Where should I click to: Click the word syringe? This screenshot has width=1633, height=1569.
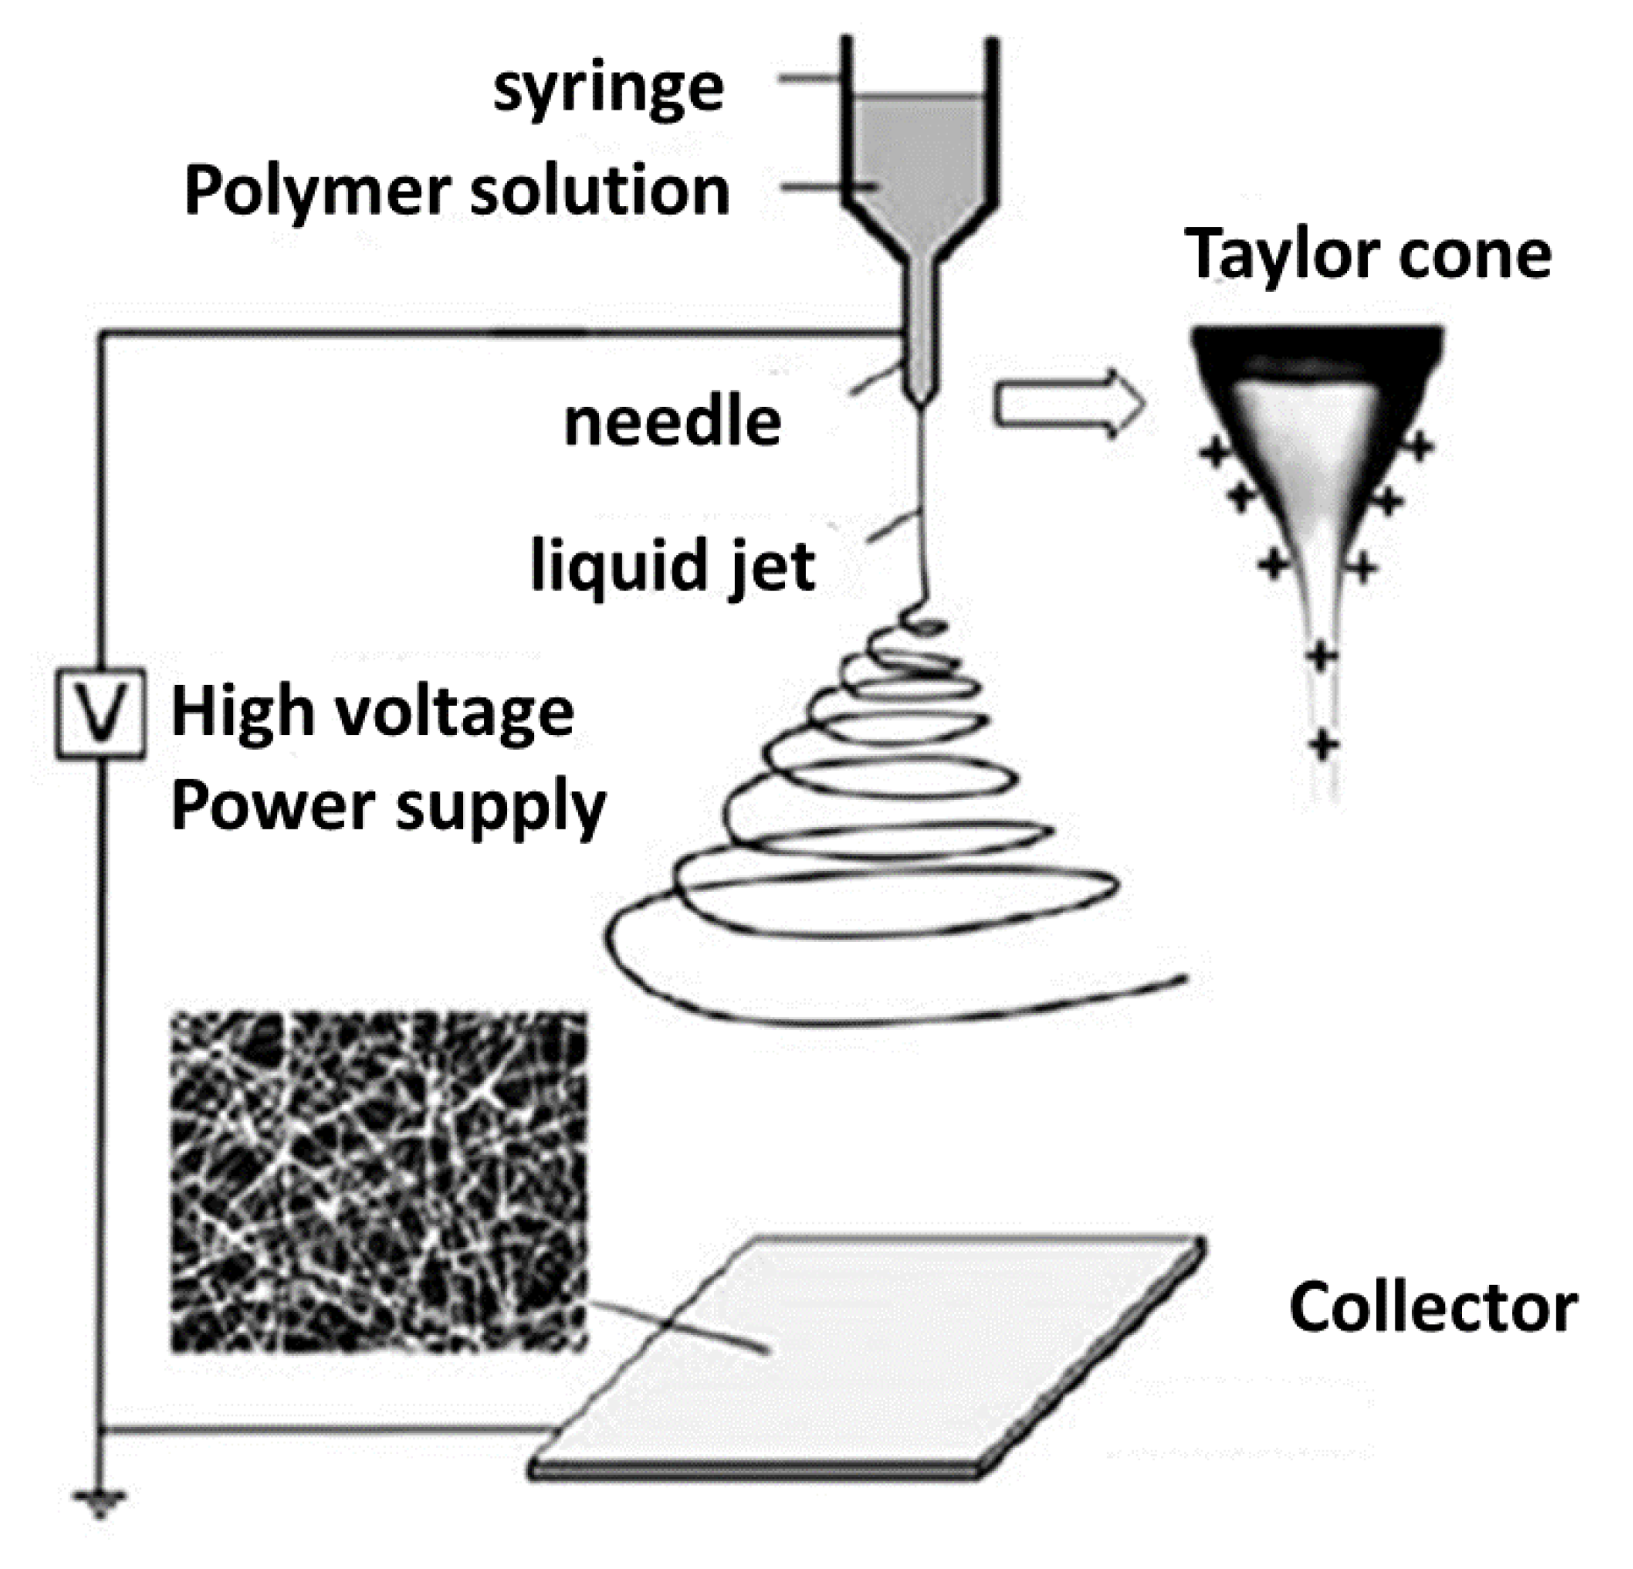click(x=609, y=89)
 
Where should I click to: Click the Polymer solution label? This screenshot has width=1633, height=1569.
click(x=457, y=191)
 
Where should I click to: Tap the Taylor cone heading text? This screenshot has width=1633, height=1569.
click(x=1367, y=253)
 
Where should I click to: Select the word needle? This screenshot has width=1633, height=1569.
click(x=673, y=423)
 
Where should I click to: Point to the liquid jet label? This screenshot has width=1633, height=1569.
click(x=673, y=567)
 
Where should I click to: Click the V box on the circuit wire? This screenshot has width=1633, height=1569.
click(x=101, y=713)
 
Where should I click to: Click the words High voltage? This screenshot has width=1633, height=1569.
click(x=373, y=712)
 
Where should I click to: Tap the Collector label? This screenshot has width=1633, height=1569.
click(x=1433, y=1308)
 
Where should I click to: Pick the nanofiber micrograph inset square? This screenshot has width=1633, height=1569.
click(x=378, y=1180)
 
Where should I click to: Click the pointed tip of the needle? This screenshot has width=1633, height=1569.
click(x=920, y=402)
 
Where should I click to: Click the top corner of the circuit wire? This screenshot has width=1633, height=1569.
click(x=101, y=332)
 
